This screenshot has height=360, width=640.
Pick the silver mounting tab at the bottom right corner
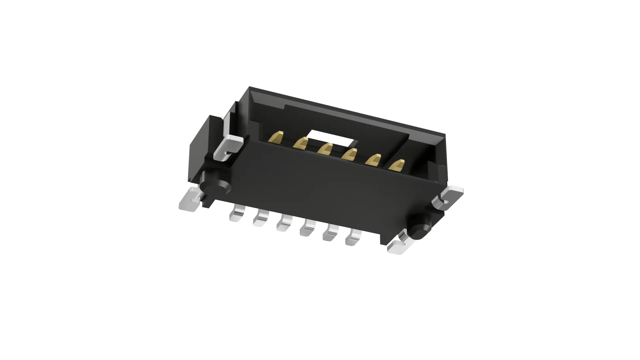pos(400,247)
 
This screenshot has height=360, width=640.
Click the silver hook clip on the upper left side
pos(229,147)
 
